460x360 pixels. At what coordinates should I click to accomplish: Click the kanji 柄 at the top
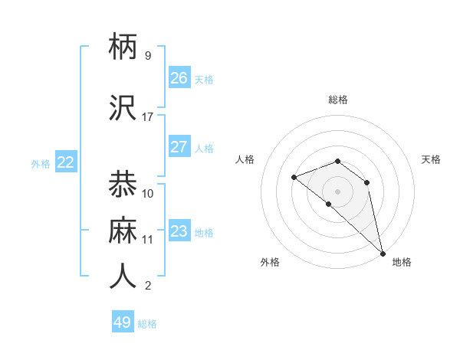pos(123,47)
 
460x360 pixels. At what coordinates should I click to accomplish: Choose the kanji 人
pos(123,277)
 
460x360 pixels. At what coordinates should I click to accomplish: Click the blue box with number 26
pos(179,77)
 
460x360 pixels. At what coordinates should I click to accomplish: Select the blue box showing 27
pos(179,147)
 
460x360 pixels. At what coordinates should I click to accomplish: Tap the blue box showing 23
pos(179,231)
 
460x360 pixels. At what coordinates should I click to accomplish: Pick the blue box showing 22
pos(65,162)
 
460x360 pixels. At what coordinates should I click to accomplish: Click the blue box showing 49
pos(122,322)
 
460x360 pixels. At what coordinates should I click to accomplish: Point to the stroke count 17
pos(147,117)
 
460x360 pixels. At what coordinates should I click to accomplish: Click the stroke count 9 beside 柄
pos(147,56)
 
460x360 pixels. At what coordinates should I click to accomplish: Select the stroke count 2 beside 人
pos(147,286)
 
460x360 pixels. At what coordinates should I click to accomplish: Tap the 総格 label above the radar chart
pos(337,100)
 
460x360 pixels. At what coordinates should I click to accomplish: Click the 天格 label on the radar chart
pos(431,159)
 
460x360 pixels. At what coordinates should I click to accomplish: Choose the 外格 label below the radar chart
pos(270,262)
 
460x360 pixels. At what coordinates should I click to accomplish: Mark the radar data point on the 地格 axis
pos(382,253)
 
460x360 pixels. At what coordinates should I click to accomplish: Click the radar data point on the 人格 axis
pos(294,178)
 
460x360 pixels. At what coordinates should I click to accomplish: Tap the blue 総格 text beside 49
pos(147,324)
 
